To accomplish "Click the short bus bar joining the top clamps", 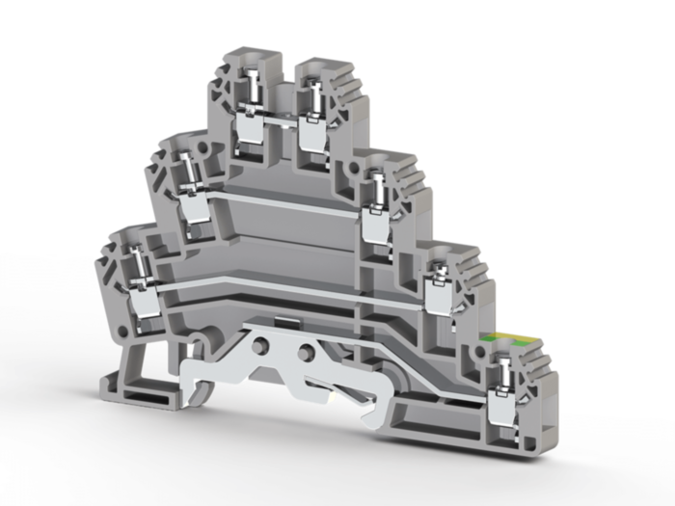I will (x=281, y=122).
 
